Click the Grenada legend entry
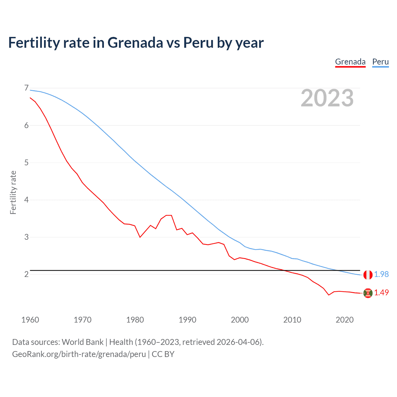pyautogui.click(x=350, y=62)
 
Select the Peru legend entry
pyautogui.click(x=380, y=62)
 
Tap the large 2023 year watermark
pyautogui.click(x=327, y=98)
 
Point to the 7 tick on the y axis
pyautogui.click(x=26, y=88)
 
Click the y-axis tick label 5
pyautogui.click(x=26, y=163)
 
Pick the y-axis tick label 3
pyautogui.click(x=26, y=237)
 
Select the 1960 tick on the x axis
pyautogui.click(x=30, y=320)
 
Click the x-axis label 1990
pyautogui.click(x=187, y=320)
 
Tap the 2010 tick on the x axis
pyautogui.click(x=292, y=320)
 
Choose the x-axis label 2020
pyautogui.click(x=345, y=320)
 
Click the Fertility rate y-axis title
pyautogui.click(x=13, y=192)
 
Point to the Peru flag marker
pyautogui.click(x=368, y=274)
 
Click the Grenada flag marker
pyautogui.click(x=368, y=293)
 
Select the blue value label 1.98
pyautogui.click(x=381, y=274)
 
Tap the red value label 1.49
pyautogui.click(x=381, y=292)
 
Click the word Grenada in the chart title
pyautogui.click(x=135, y=42)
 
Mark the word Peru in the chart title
pyautogui.click(x=198, y=42)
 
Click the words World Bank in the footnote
pyautogui.click(x=83, y=342)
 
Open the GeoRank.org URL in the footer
pyautogui.click(x=79, y=354)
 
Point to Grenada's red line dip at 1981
pyautogui.click(x=140, y=237)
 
